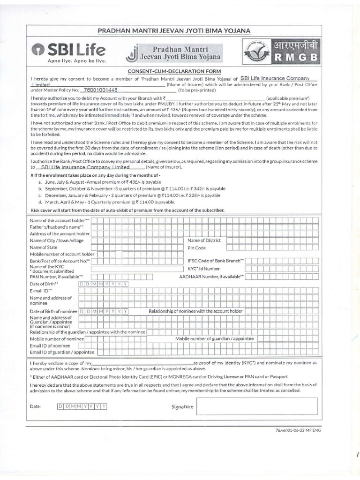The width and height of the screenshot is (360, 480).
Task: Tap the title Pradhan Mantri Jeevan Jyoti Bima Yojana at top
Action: pyautogui.click(x=173, y=30)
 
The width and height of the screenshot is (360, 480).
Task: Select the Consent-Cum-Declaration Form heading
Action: pyautogui.click(x=173, y=71)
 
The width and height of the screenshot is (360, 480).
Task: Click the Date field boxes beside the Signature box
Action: pyautogui.click(x=82, y=406)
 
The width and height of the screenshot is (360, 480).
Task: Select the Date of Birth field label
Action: pyautogui.click(x=44, y=284)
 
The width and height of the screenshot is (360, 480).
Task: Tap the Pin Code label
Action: pyautogui.click(x=196, y=247)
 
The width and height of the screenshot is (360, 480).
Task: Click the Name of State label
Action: pyautogui.click(x=44, y=247)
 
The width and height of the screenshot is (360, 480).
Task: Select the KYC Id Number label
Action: pyautogui.click(x=203, y=269)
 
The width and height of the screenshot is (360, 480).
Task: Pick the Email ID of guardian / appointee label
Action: pyautogui.click(x=62, y=352)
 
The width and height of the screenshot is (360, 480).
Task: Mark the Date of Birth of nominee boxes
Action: pyautogui.click(x=104, y=311)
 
